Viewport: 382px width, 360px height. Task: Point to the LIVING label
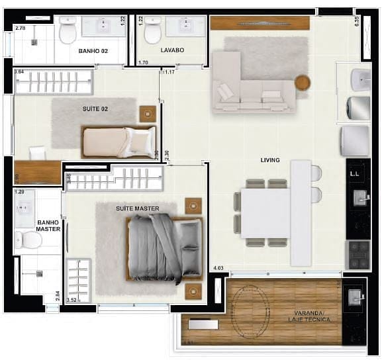click(270, 160)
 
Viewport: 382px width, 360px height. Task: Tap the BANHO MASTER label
click(48, 226)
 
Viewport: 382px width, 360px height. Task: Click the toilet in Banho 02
click(68, 31)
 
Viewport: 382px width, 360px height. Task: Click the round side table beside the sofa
click(303, 83)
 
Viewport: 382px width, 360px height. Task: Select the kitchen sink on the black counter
click(361, 197)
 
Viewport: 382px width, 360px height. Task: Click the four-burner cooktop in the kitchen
click(359, 251)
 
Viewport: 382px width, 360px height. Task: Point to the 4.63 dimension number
click(218, 269)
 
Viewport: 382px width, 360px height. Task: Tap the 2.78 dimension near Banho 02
click(20, 28)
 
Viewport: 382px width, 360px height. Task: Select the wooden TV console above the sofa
click(260, 23)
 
